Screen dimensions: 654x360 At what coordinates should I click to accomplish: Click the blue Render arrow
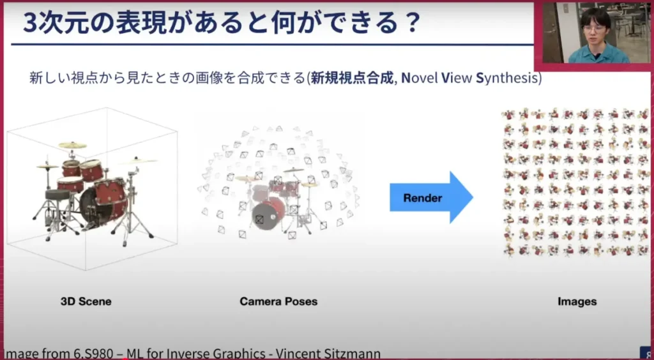[x=431, y=197]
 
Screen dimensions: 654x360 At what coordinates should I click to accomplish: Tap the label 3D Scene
[x=86, y=301]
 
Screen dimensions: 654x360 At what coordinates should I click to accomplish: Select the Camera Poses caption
[x=278, y=301]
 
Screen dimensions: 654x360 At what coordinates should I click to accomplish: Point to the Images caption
[x=577, y=301]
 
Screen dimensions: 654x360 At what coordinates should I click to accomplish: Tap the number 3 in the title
[x=31, y=24]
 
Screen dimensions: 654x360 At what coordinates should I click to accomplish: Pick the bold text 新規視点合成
[x=352, y=78]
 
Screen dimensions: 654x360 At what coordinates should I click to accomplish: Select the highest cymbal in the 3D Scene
[x=73, y=145]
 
